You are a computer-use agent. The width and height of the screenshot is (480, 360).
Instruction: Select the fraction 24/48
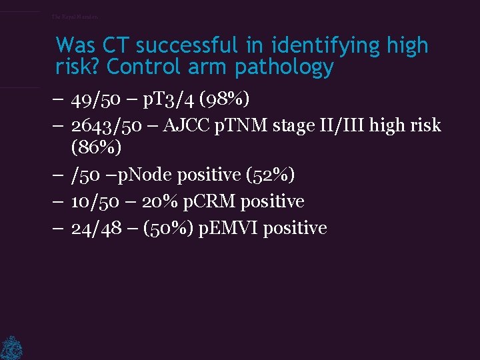(x=93, y=229)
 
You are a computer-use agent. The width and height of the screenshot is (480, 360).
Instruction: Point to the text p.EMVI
(x=229, y=229)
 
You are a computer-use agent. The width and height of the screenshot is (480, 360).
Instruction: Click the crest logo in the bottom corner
(x=11, y=347)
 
